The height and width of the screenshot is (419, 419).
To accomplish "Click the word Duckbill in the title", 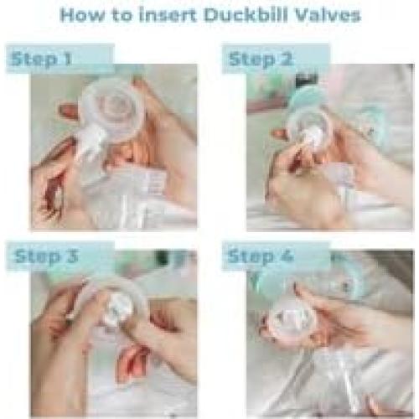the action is (x=246, y=15).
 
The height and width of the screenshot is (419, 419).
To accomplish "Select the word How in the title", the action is (x=81, y=15).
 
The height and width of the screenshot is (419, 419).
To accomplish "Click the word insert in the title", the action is (x=168, y=15).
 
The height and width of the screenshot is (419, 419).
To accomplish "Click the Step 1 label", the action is (x=41, y=59).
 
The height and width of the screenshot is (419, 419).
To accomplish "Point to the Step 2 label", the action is (x=261, y=59).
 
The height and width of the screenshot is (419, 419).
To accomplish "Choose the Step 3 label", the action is (x=46, y=256).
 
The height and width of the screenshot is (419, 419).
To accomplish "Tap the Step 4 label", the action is (x=261, y=256).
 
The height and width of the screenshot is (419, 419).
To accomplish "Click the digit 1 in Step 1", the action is (x=67, y=59).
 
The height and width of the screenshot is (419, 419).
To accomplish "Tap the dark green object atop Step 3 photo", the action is (x=163, y=257).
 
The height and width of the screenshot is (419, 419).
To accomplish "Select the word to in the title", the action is (x=122, y=16).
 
